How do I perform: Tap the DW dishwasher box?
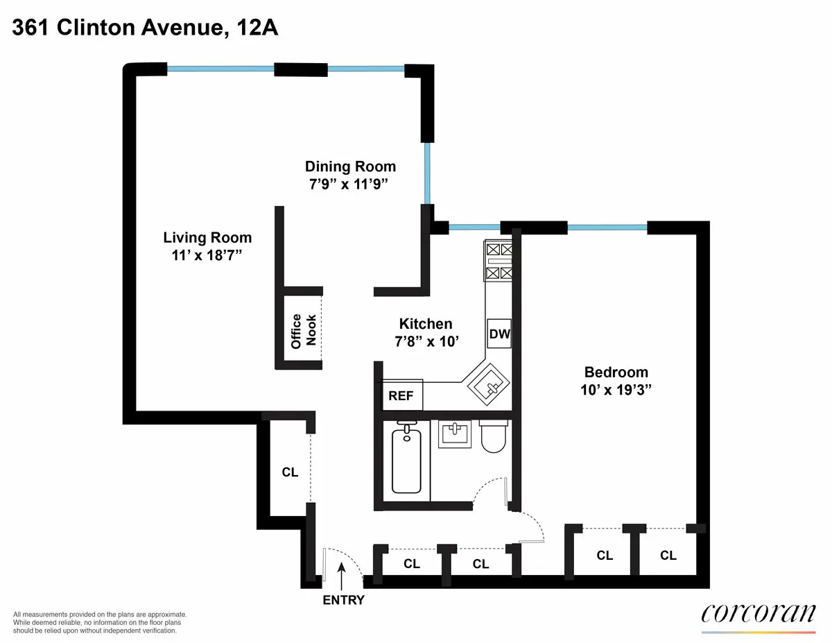499,334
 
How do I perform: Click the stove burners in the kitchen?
499,261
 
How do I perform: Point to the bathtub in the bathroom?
406,460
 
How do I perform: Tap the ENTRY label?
343,600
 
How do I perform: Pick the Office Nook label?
304,331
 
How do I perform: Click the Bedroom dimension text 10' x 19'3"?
616,390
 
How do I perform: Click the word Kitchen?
425,323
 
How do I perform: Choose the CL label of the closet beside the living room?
290,472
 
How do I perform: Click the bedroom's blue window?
607,227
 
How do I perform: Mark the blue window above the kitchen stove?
475,226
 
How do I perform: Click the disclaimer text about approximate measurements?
100,623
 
